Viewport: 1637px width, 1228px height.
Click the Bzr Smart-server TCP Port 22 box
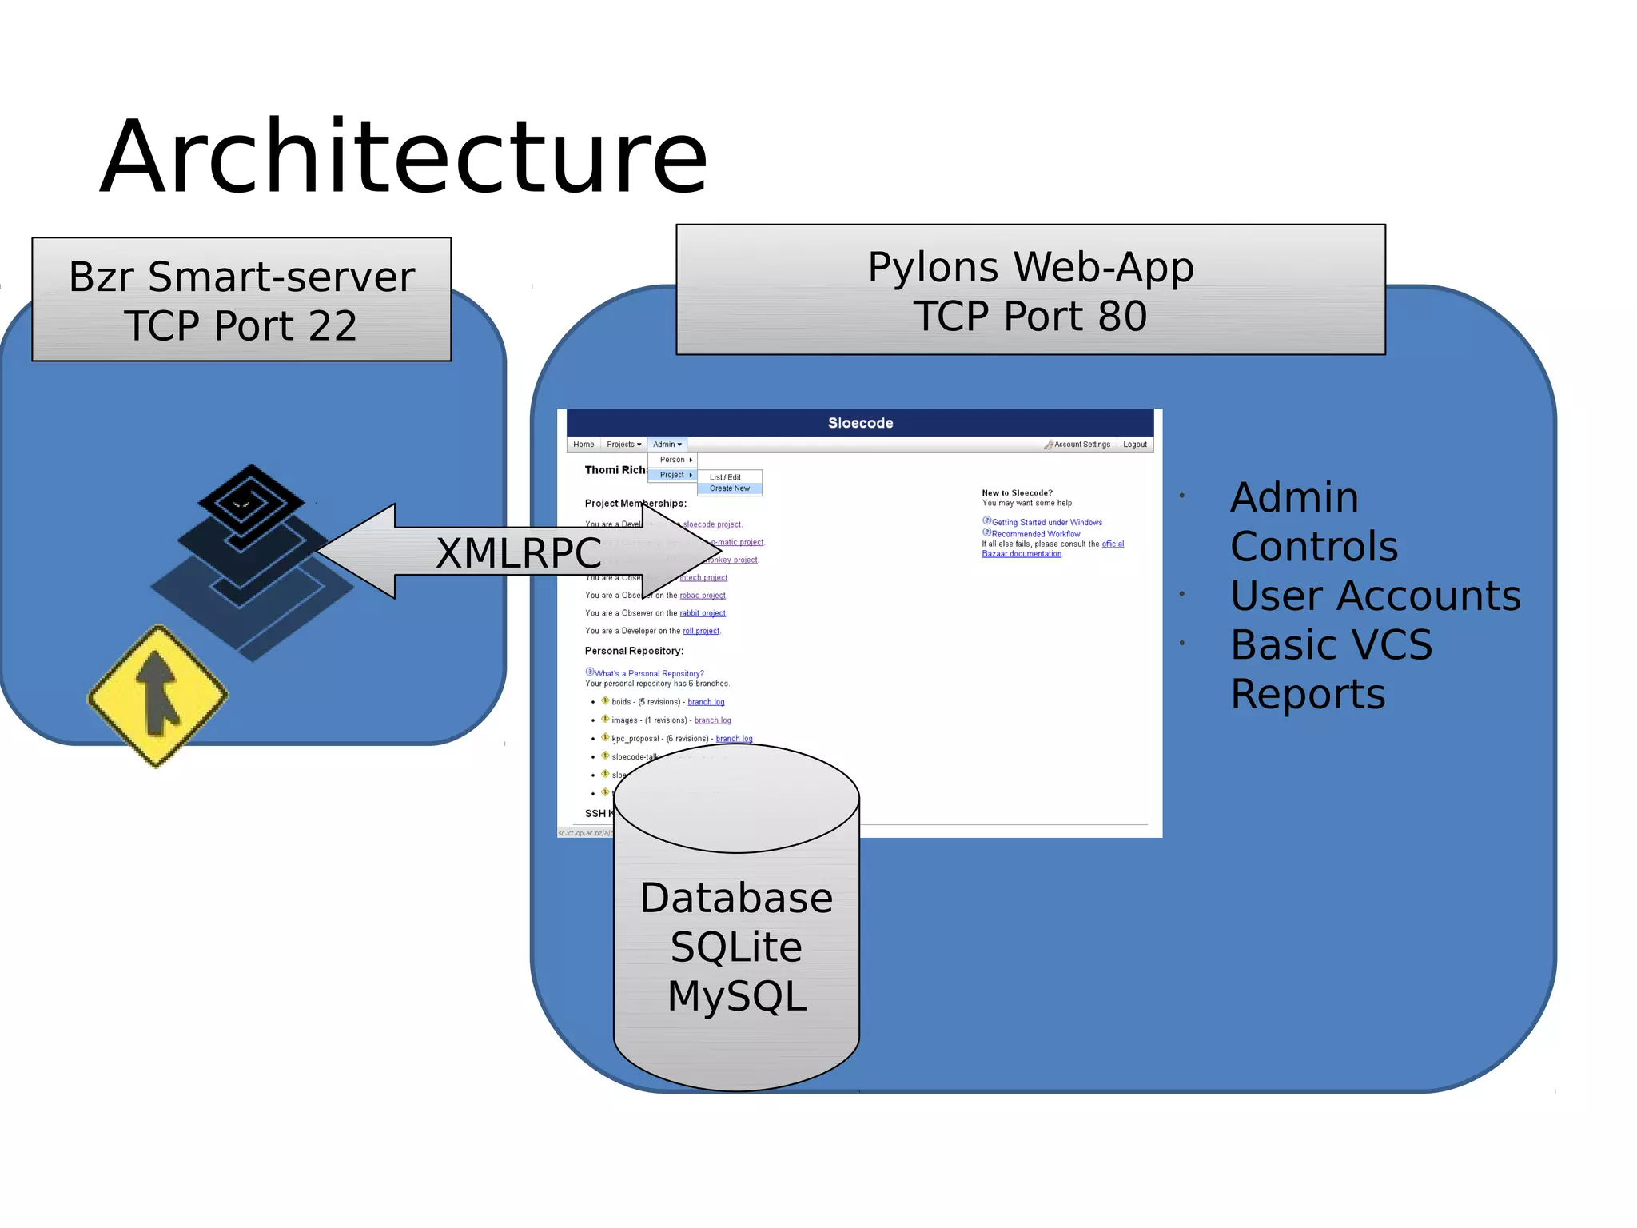(241, 300)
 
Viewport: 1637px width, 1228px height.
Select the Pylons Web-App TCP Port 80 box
(1030, 289)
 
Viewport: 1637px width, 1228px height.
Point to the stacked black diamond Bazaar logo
(251, 560)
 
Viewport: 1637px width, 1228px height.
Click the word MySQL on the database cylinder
(737, 996)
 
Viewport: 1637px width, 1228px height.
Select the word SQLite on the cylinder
(736, 947)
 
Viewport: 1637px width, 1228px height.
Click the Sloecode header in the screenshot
(860, 423)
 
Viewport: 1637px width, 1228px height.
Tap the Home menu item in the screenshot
(584, 445)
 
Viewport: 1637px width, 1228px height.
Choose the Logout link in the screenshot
(1134, 445)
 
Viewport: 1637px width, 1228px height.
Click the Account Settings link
(1081, 445)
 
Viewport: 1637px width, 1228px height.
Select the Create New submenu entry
(730, 488)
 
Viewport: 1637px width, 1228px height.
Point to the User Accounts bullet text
(1375, 596)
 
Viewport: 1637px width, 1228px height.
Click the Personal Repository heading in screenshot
(634, 651)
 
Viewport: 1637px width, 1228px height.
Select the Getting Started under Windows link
(1046, 523)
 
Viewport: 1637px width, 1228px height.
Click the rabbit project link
(703, 613)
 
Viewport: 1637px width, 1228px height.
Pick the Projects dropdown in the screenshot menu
(623, 445)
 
